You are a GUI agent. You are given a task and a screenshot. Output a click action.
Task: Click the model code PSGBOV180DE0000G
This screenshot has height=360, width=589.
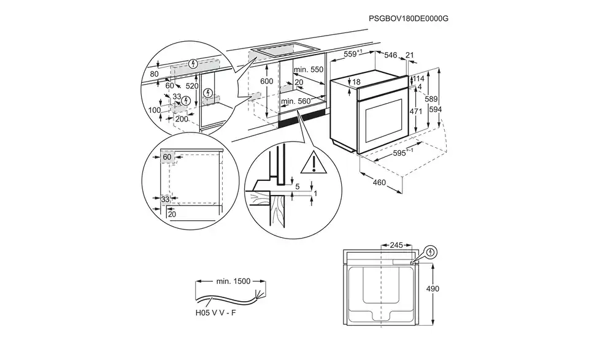pyautogui.click(x=409, y=19)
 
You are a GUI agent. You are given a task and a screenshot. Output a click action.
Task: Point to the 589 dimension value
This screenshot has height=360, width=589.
pyautogui.click(x=432, y=99)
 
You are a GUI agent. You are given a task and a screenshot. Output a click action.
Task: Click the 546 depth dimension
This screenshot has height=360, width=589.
pyautogui.click(x=391, y=55)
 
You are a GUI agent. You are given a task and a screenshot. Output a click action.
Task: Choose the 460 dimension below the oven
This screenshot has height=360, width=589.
pyautogui.click(x=379, y=182)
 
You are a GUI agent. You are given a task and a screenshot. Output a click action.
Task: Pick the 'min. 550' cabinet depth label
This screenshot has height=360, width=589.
pyautogui.click(x=307, y=70)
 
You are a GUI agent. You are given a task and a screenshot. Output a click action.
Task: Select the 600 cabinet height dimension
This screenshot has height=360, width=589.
pyautogui.click(x=266, y=82)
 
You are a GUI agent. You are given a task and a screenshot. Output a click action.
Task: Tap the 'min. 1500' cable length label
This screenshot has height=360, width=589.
pyautogui.click(x=233, y=281)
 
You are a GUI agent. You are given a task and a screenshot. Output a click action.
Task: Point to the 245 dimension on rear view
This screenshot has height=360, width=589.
pyautogui.click(x=396, y=245)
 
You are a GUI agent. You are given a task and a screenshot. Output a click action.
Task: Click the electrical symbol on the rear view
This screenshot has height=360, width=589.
pyautogui.click(x=431, y=251)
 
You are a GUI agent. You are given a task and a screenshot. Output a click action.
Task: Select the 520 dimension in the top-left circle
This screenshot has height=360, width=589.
pyautogui.click(x=192, y=86)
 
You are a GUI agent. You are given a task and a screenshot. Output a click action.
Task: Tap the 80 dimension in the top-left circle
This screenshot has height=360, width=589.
pyautogui.click(x=154, y=74)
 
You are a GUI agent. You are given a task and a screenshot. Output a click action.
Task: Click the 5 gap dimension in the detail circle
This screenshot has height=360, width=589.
pyautogui.click(x=297, y=186)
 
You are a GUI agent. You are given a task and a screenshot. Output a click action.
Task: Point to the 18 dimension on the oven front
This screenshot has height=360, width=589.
pyautogui.click(x=356, y=82)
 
